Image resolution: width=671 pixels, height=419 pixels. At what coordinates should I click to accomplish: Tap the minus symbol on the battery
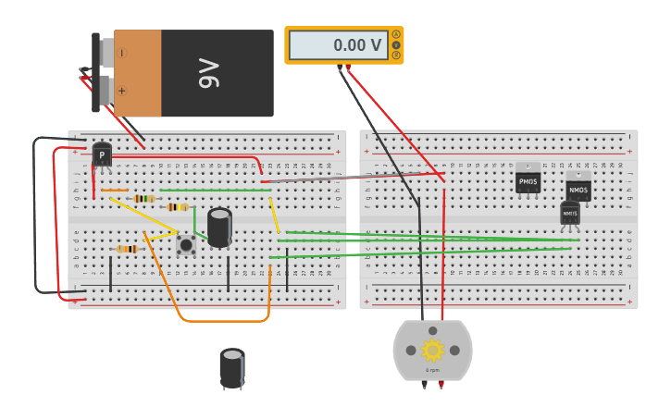click(122, 54)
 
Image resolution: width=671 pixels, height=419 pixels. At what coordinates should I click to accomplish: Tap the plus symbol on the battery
click(121, 91)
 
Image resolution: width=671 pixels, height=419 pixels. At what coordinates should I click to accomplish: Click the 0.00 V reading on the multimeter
click(338, 44)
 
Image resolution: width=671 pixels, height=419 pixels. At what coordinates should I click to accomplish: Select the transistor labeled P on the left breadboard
click(102, 154)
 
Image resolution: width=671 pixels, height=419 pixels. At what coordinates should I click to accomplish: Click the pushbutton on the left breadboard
click(186, 244)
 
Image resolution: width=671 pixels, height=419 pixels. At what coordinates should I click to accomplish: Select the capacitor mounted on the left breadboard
click(219, 228)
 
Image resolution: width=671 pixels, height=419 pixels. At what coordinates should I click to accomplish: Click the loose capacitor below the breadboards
click(232, 367)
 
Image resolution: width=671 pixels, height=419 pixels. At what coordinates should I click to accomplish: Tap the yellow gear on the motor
click(432, 350)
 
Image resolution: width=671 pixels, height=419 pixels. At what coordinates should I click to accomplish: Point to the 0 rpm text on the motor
click(432, 370)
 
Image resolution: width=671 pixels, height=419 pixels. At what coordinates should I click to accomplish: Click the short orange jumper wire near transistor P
click(115, 191)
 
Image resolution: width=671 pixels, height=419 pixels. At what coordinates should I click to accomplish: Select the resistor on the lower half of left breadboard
click(126, 249)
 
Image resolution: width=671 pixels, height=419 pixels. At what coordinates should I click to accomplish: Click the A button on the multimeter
click(397, 34)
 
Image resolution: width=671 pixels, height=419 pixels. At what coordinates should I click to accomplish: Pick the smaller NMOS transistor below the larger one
click(570, 213)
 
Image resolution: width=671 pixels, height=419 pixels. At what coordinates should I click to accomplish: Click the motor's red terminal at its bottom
click(441, 383)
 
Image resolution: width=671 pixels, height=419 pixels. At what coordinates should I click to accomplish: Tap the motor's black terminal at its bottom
click(425, 383)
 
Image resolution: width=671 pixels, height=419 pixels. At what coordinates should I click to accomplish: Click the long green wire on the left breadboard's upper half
click(213, 191)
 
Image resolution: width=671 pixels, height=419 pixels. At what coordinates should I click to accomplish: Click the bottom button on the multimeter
click(397, 55)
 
